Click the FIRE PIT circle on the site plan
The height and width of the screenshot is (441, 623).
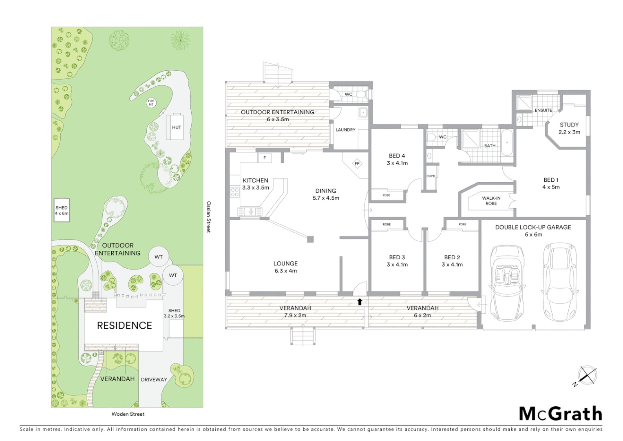[151, 102]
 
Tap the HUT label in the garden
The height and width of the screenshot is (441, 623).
[177, 127]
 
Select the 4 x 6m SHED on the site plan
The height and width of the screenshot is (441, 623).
[62, 210]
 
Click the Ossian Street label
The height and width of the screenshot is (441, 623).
[208, 217]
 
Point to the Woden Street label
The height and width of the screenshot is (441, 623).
[128, 414]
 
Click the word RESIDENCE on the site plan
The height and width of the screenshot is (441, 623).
[124, 325]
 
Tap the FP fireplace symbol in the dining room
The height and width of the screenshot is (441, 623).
[357, 164]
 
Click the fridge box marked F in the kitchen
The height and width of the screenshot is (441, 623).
[265, 158]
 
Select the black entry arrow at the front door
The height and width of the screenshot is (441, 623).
[360, 302]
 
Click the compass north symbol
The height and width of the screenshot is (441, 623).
[587, 375]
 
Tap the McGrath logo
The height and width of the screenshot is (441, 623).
[560, 414]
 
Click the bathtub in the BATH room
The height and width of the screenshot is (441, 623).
[507, 143]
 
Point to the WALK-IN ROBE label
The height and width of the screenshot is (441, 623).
[491, 200]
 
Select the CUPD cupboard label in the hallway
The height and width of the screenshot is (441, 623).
[431, 176]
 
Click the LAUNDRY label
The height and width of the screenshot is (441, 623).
[345, 130]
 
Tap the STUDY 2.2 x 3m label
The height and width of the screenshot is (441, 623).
[569, 128]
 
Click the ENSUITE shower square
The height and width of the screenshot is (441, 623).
[524, 102]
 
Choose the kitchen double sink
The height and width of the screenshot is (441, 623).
[250, 212]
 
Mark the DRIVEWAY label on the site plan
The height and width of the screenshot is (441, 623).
[154, 379]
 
